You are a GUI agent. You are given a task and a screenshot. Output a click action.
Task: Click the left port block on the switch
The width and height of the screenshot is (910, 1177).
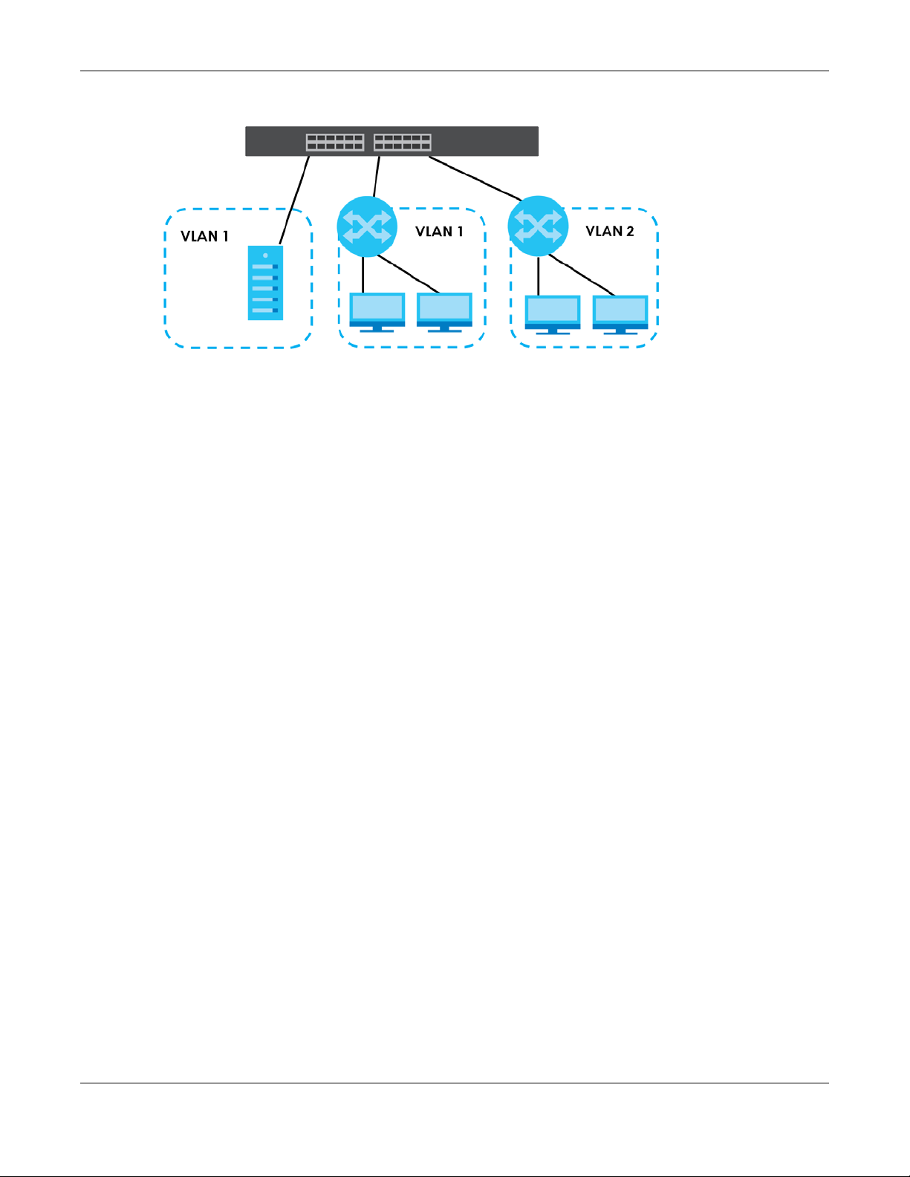(335, 142)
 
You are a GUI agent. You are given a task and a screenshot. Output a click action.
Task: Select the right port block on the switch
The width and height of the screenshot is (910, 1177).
(403, 142)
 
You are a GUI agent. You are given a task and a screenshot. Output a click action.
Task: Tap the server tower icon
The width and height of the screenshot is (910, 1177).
(265, 283)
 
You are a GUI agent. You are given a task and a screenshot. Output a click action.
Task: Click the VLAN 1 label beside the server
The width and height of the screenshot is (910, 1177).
(204, 236)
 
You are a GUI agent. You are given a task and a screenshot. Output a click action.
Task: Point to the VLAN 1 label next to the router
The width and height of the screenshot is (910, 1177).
(439, 231)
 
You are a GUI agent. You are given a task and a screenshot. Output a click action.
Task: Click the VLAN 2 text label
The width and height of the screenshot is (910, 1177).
(609, 231)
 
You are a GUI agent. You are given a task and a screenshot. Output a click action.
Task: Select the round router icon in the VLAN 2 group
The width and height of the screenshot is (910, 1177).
(538, 226)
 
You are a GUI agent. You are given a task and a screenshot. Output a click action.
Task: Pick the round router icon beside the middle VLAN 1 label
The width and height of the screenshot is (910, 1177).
(367, 226)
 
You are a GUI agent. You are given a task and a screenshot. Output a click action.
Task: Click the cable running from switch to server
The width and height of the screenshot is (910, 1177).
(294, 200)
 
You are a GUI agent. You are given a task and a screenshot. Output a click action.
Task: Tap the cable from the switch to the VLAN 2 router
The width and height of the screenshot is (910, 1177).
(475, 178)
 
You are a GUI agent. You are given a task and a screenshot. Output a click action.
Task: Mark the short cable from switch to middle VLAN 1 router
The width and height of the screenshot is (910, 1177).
(377, 177)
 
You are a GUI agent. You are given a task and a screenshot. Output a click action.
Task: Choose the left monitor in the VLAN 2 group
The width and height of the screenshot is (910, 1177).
(553, 315)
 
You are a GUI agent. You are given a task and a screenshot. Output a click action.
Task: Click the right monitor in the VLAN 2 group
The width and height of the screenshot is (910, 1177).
(620, 315)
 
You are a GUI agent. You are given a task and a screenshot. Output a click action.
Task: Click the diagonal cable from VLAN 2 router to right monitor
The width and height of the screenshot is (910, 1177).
(581, 275)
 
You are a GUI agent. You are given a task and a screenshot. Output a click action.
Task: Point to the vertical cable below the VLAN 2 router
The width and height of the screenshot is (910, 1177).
(539, 276)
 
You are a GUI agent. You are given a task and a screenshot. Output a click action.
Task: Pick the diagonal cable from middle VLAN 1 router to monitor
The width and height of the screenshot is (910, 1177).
(408, 274)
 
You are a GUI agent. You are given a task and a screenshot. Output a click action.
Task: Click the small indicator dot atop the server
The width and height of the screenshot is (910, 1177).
(265, 255)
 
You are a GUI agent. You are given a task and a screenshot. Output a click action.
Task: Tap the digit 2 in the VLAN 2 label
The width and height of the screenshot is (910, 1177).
(630, 231)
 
